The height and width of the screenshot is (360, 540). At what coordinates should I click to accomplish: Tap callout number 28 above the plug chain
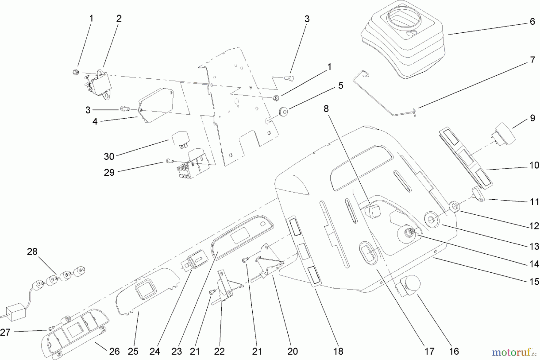32,251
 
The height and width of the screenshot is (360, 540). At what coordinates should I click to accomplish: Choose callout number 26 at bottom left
114,351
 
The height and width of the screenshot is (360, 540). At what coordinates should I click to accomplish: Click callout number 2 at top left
119,19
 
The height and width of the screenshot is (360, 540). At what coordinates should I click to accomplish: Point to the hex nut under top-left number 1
76,72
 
